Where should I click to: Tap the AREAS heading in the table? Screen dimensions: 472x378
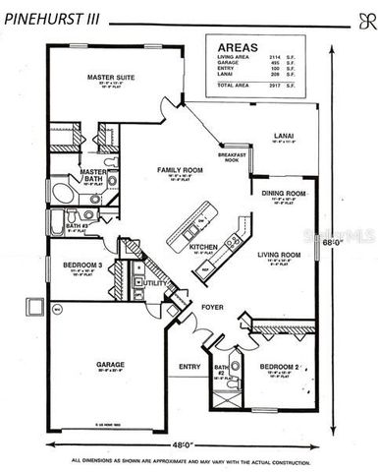[238, 45]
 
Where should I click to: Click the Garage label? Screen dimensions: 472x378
[110, 364]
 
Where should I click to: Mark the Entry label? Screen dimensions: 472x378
[188, 367]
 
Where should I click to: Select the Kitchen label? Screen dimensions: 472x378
[202, 248]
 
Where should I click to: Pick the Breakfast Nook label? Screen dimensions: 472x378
[231, 155]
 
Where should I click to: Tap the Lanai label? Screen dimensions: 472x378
[283, 134]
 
